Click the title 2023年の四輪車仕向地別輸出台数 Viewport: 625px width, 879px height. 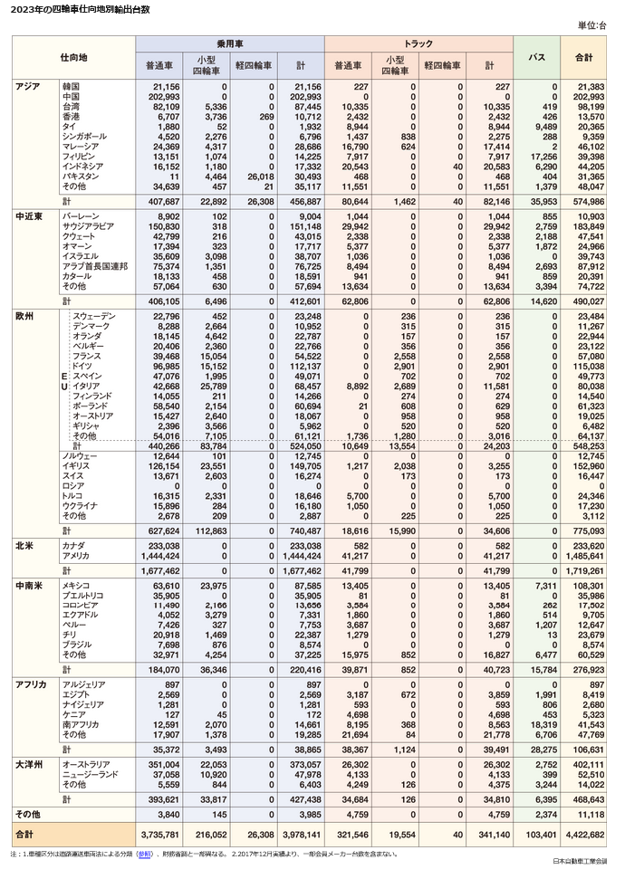pos(76,9)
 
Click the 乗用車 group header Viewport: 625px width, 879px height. pos(229,43)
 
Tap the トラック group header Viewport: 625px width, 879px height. pos(418,43)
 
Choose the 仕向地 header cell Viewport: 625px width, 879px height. pos(73,58)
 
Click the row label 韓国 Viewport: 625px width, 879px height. pos(72,87)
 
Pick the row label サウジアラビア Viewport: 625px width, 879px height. pos(88,227)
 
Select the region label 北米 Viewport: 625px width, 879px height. pos(24,546)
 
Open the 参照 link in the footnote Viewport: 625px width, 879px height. pos(145,854)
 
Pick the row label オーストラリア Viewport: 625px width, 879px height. pos(85,765)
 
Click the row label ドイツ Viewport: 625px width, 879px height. pos(82,367)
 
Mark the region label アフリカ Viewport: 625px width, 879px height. pos(30,685)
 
